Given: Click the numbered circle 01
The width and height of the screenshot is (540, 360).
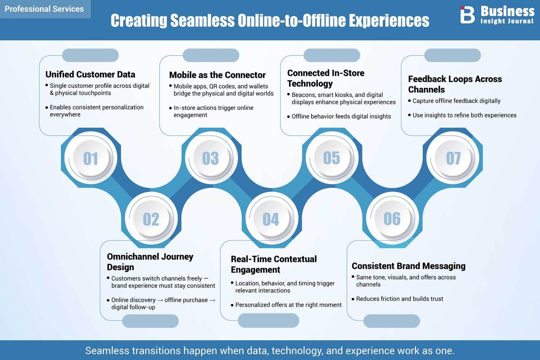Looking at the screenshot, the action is pos(91,158).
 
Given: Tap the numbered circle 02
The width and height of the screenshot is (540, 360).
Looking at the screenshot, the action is pos(151,219).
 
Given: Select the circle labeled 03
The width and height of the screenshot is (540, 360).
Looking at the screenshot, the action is pos(211,158).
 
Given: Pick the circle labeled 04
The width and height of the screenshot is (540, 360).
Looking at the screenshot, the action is pos(272,219).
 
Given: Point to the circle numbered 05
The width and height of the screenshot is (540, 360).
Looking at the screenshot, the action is pos(332,158).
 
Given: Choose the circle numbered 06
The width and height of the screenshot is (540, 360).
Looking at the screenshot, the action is pos(393,219).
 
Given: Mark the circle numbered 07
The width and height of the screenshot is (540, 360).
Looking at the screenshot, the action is pos(453,158).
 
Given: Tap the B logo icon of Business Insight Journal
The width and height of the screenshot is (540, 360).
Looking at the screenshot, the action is pos(467,15).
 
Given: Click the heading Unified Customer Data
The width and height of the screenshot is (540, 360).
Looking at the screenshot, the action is pos(90,75).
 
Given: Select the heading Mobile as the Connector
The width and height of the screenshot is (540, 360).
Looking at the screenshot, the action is pos(217,75).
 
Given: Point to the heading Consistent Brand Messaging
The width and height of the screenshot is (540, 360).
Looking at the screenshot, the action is pos(409,266).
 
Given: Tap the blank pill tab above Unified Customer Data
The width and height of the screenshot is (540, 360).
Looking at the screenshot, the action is pos(90,55).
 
